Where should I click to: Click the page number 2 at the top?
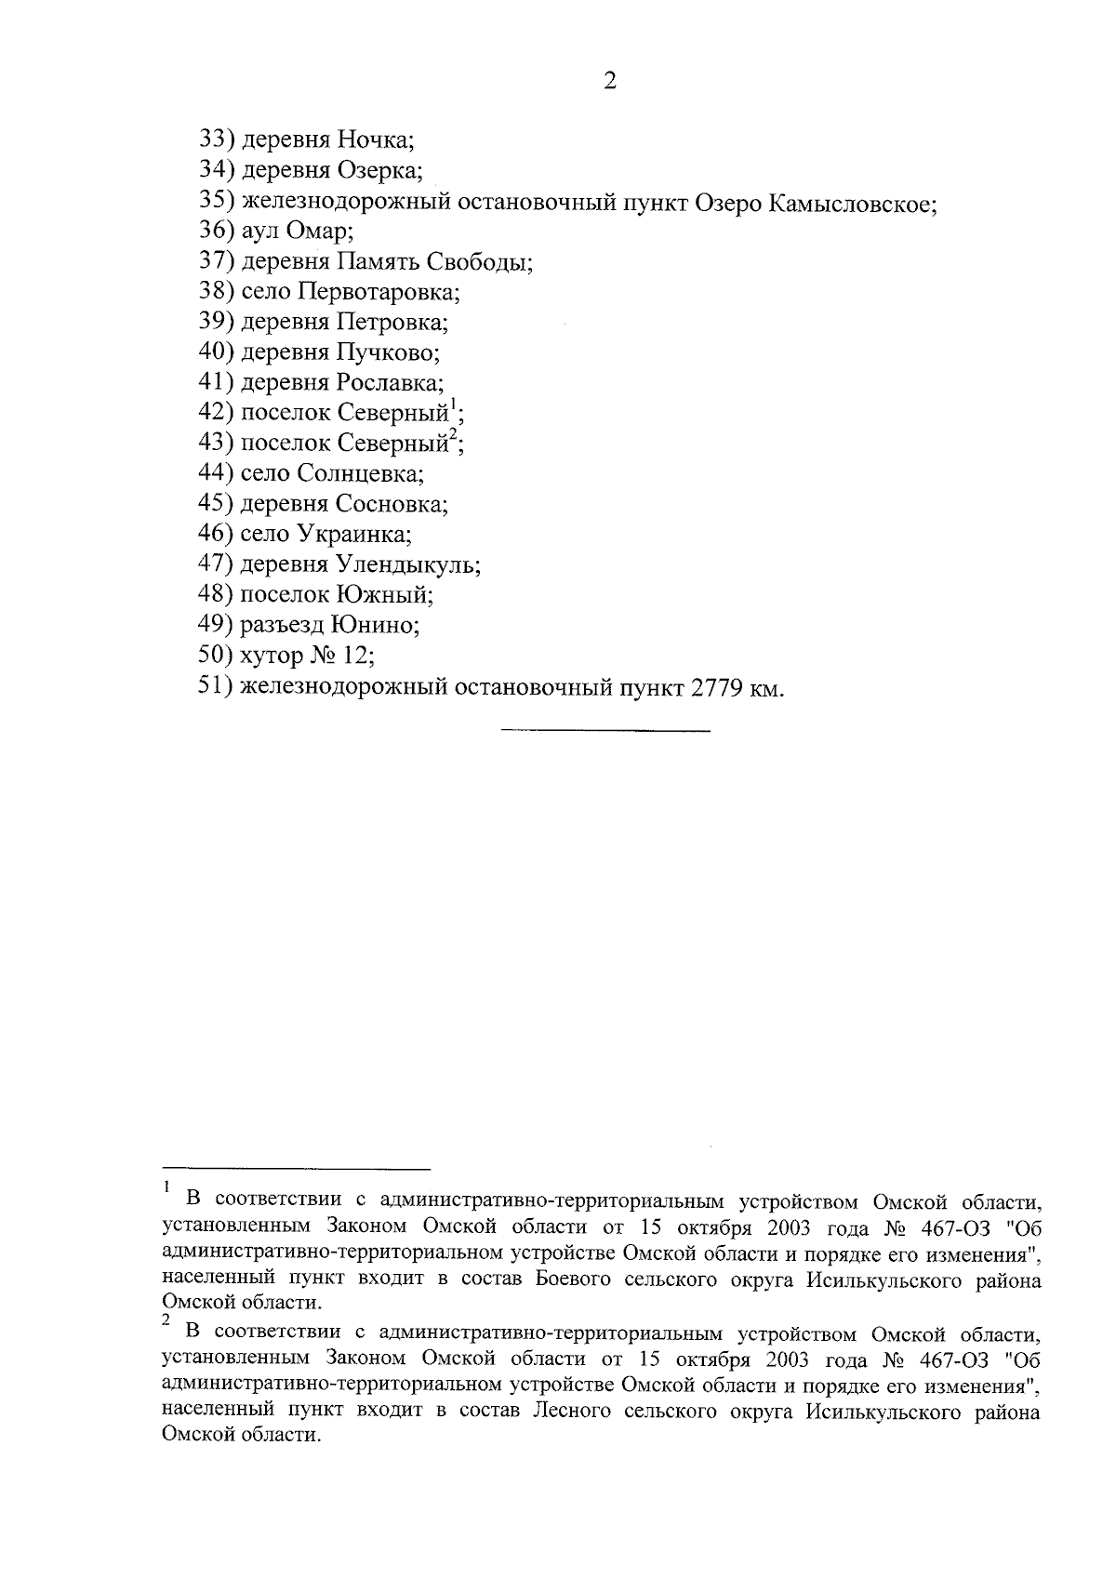click(x=610, y=81)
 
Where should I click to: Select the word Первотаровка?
click(x=379, y=292)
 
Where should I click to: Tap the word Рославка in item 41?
click(x=390, y=382)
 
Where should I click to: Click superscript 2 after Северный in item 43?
click(x=453, y=435)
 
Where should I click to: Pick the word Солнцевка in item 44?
click(x=360, y=473)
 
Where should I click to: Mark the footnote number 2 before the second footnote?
click(x=166, y=1319)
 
